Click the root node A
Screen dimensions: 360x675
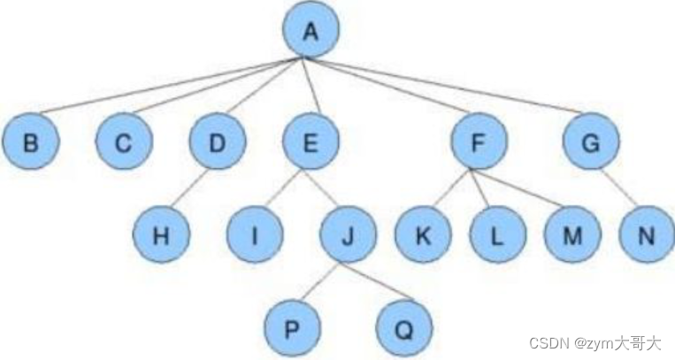coord(311,31)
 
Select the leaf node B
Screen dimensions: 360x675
coord(30,142)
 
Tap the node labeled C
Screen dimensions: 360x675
coord(125,142)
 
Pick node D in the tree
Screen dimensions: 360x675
coord(217,142)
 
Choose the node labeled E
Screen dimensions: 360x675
coord(311,142)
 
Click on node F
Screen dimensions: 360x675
coord(478,142)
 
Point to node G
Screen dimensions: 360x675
coord(591,142)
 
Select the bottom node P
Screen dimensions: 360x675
coord(292,328)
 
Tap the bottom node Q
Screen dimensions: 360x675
coord(403,328)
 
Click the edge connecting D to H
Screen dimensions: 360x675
coord(190,188)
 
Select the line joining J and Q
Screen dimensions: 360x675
coord(376,282)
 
